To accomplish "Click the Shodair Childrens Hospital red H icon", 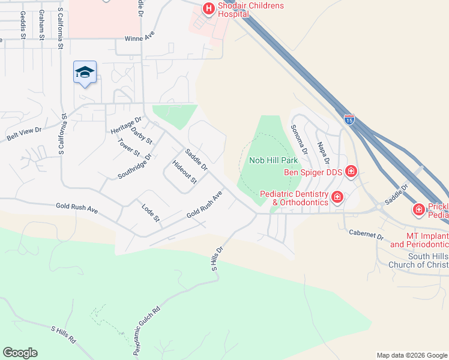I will (208, 8).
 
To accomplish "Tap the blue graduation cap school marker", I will (85, 73).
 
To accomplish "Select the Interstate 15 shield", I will (349, 119).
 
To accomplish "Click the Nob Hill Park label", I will (273, 161).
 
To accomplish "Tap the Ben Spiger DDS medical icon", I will (351, 173).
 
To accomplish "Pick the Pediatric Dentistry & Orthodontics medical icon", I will (337, 197).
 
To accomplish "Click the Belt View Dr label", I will (24, 134).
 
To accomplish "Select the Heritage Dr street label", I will (125, 125).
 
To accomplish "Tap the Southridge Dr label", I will (134, 166).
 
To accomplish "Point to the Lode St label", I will (150, 212).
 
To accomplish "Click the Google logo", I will (20, 353).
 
